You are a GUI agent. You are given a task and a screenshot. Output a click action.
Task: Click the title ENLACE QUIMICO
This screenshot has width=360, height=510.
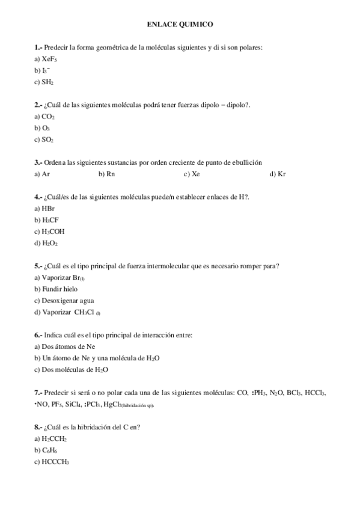click(x=180, y=25)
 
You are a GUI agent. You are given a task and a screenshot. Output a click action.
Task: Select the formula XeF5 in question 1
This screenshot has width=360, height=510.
click(x=50, y=59)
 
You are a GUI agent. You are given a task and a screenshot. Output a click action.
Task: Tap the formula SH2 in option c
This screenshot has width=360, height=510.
click(x=48, y=82)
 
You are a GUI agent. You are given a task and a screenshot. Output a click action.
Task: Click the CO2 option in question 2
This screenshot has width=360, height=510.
click(x=48, y=117)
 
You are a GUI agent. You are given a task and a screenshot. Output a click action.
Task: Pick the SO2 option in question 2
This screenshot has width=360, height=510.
click(x=47, y=140)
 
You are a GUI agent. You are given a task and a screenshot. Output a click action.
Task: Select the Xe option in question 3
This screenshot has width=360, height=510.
click(x=195, y=174)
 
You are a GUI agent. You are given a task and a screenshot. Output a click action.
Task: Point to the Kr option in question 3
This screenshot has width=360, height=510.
click(x=281, y=174)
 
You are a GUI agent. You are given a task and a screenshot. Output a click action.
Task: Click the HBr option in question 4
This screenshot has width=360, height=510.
click(x=49, y=208)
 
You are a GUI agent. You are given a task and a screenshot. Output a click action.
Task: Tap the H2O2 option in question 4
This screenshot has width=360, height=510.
click(x=49, y=243)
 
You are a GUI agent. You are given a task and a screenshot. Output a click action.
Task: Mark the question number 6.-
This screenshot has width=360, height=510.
click(x=38, y=334)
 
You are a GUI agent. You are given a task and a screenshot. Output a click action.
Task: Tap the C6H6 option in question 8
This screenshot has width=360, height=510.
click(x=49, y=450)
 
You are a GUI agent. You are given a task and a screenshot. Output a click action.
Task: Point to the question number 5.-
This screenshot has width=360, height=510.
click(x=38, y=265)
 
